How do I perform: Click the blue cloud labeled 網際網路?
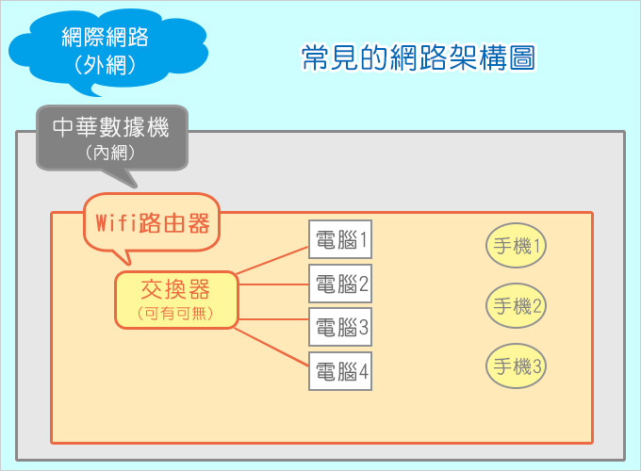click(107, 51)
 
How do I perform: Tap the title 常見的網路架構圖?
click(419, 57)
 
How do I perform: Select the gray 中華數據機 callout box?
click(112, 138)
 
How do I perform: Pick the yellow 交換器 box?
click(176, 300)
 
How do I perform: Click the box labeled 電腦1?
click(340, 239)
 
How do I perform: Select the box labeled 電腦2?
click(340, 284)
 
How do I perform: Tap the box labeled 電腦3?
click(340, 327)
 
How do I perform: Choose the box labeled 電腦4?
click(340, 371)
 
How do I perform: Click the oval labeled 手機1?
click(516, 246)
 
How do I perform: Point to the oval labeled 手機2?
click(516, 305)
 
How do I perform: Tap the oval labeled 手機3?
click(516, 365)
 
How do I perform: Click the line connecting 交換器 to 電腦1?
click(272, 260)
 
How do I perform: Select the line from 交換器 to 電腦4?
click(271, 347)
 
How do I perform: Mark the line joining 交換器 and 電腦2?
click(273, 284)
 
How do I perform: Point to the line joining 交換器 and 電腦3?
click(273, 319)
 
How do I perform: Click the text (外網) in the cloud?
click(105, 65)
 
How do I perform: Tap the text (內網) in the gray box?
click(110, 153)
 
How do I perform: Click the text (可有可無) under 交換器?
click(175, 314)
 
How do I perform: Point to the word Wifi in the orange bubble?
click(116, 223)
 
